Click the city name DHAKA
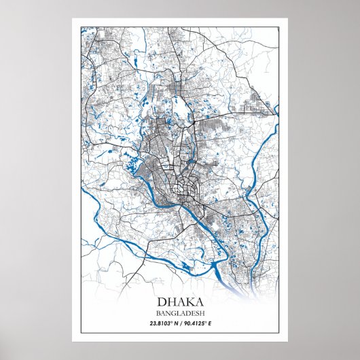180,301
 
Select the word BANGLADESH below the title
180,312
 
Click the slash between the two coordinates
181,323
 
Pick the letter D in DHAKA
162,301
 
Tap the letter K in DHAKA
188,301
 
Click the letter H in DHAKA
171,301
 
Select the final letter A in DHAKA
198,301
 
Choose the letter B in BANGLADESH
160,312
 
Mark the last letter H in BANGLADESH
201,312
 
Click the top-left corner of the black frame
81,27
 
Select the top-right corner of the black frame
279,27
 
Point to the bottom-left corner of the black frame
81,333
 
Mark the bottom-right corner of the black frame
279,333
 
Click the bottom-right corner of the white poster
288,341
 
